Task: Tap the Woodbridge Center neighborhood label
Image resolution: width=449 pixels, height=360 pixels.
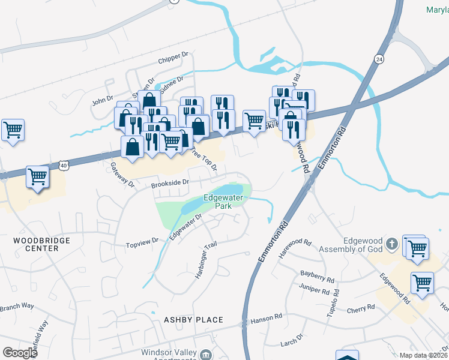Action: pos(42,245)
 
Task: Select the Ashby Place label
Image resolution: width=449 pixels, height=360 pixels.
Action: pos(193,320)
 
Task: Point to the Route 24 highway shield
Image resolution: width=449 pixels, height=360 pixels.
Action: pos(379,59)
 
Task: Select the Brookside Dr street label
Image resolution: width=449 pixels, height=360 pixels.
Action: pos(170,181)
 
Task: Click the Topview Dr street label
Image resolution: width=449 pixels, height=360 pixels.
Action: pos(142,242)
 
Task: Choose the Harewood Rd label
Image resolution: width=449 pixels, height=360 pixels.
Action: pos(296,247)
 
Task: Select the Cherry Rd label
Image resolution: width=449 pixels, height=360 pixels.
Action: pos(360,307)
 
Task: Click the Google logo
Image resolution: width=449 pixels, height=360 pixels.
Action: pos(20,352)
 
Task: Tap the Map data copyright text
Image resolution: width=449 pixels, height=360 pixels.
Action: pos(424,355)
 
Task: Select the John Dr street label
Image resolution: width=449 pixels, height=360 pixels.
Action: pos(103,99)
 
